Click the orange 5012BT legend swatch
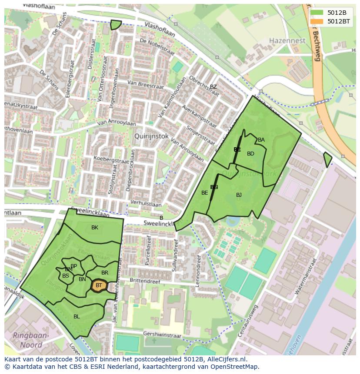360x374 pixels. pos(317,21)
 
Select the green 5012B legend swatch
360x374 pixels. pos(317,13)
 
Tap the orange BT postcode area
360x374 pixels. pos(99,285)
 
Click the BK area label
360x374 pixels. pos(95,228)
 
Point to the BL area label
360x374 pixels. pos(77,317)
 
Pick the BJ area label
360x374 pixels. pos(239,195)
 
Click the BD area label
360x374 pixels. pos(250,154)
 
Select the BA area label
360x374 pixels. pos(261,140)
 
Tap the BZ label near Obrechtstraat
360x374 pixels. pos(213,87)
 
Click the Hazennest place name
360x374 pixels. pos(287,41)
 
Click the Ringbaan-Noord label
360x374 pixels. pos(31,341)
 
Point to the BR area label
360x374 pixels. pos(105,273)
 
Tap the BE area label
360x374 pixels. pos(204,193)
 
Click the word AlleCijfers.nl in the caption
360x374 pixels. pos(226,359)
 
